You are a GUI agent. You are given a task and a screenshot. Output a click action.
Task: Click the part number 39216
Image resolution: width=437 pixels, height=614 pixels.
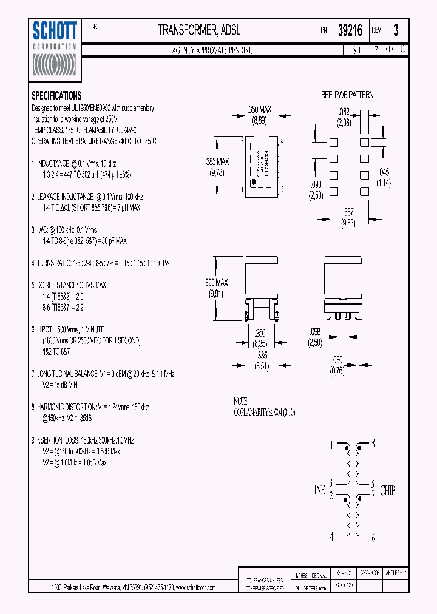[x=350, y=31]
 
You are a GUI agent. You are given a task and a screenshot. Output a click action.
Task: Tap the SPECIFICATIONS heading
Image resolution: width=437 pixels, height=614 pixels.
[x=56, y=96]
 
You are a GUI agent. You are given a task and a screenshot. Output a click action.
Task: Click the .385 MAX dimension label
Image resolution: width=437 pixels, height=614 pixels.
[x=217, y=162]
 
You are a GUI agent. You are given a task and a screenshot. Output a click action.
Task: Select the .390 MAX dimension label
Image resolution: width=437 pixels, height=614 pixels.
[x=217, y=283]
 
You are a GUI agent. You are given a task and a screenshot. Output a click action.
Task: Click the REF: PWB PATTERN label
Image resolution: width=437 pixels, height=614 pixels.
[x=347, y=95]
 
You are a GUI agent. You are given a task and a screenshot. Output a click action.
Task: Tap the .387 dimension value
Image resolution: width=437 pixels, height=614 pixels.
[x=348, y=213]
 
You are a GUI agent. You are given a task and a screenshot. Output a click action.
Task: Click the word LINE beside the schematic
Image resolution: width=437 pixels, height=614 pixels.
[x=317, y=490]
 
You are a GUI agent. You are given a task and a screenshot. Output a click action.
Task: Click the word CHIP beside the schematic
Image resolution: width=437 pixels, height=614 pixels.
[x=388, y=490]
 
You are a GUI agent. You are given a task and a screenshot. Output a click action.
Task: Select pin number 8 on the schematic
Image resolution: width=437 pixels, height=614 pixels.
[x=373, y=444]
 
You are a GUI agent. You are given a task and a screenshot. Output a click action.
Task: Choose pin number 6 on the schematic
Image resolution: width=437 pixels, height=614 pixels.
[x=373, y=538]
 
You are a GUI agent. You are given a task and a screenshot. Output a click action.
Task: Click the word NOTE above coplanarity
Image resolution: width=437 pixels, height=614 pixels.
[x=241, y=402]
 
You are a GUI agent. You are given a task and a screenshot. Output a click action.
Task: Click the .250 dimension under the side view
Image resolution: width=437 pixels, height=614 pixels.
[x=260, y=333]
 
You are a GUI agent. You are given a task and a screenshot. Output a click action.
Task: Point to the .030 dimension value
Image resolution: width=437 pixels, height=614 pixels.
[x=338, y=359]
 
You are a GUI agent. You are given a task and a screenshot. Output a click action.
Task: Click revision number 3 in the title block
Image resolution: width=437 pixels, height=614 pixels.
[x=396, y=30]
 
